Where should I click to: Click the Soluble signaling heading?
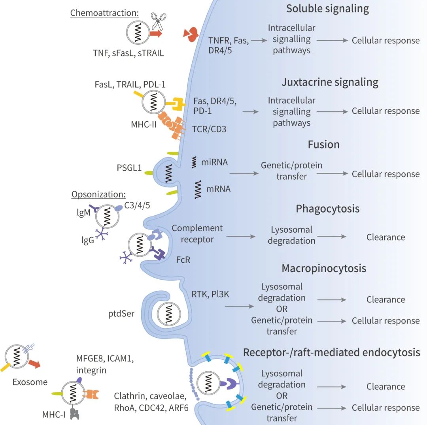(328, 9)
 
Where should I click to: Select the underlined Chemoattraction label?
(104, 13)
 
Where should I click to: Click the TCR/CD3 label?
(209, 129)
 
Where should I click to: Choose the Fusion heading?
(323, 145)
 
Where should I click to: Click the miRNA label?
(214, 162)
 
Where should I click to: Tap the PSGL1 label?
(129, 168)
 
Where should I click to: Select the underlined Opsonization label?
(98, 195)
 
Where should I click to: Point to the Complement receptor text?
(197, 234)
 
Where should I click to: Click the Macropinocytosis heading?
(324, 269)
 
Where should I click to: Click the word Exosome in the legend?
(30, 382)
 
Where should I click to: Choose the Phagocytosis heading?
(328, 209)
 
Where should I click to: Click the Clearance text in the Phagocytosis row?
(385, 237)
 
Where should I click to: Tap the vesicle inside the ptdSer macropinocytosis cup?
(170, 315)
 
